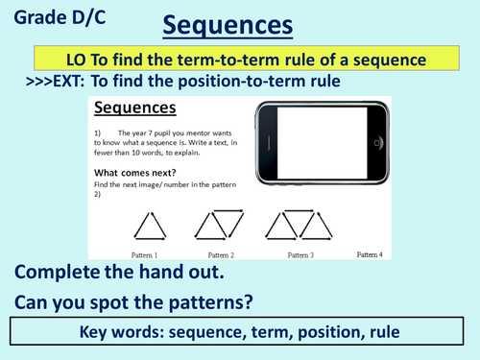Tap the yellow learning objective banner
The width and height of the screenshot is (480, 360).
[240, 60]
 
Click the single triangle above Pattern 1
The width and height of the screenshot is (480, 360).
[148, 227]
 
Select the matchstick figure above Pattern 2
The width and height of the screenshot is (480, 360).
[220, 227]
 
